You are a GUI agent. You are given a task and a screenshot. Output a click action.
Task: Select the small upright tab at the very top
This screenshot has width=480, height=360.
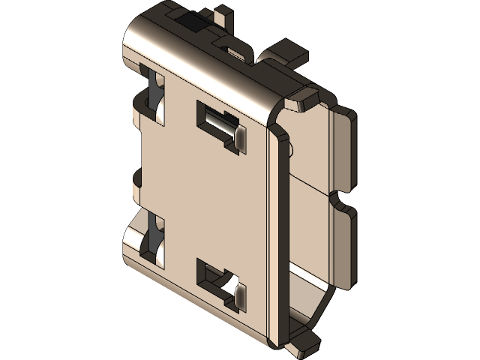click(222, 16)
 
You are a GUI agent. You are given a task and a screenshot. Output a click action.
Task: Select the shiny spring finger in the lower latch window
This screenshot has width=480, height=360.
click(241, 295)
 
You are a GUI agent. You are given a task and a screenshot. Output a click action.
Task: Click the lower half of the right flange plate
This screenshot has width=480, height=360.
click(341, 244)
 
